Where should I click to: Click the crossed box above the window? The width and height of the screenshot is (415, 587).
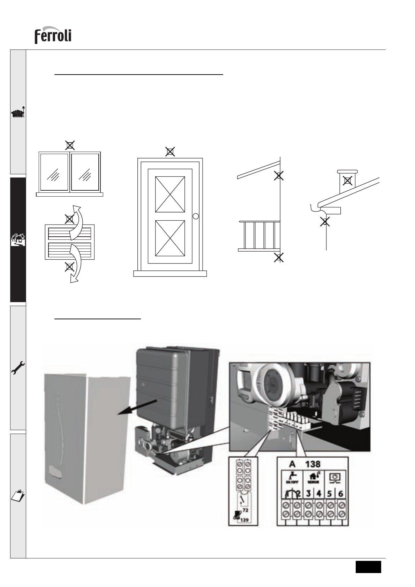tap(70, 145)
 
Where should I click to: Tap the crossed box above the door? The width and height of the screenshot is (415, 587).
tap(170, 152)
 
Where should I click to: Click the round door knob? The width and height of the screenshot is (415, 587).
tap(196, 216)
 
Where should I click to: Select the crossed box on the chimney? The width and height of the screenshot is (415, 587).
tap(347, 181)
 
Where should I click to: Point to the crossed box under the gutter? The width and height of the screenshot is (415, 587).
tap(325, 222)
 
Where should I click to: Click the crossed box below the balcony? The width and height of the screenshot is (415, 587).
tap(278, 258)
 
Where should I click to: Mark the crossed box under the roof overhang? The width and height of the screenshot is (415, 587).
tap(278, 176)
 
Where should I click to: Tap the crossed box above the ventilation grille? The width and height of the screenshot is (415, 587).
tap(70, 219)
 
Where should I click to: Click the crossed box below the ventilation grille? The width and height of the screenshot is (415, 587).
tap(70, 267)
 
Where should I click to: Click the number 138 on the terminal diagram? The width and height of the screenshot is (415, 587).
tap(313, 464)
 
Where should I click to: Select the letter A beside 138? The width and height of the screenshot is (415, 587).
tap(292, 464)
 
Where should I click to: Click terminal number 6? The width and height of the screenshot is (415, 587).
tap(341, 494)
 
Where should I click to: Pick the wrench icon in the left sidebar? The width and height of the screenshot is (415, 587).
tap(18, 368)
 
